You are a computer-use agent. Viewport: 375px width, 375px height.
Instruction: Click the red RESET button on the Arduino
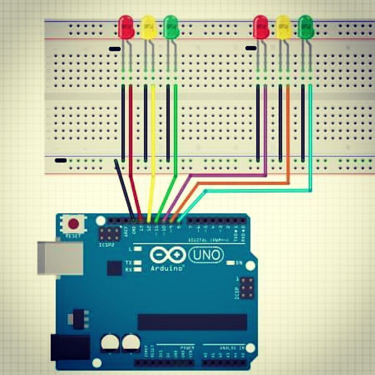click(73, 224)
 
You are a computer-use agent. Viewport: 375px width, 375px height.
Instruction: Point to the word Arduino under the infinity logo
click(167, 268)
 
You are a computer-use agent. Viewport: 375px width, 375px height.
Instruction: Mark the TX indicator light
click(137, 263)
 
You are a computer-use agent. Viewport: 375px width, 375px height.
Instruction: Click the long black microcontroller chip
click(192, 322)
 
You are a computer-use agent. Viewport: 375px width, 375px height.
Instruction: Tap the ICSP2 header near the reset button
click(110, 234)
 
